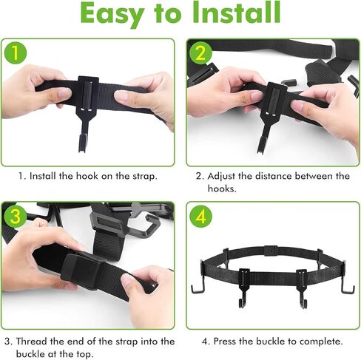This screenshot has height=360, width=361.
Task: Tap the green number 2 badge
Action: point(200,53)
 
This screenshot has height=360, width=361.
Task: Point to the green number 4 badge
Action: point(200,217)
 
